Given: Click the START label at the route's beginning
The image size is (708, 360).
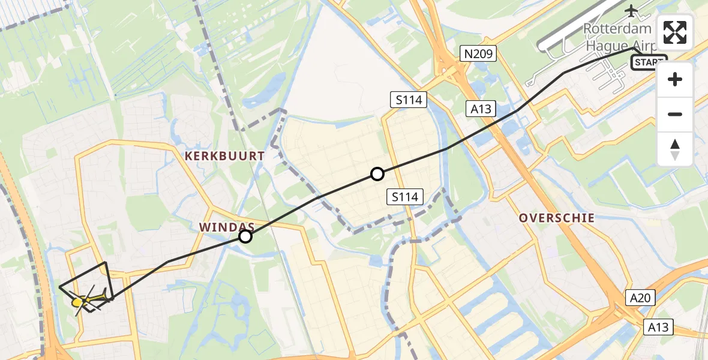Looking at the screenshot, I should click(x=649, y=62).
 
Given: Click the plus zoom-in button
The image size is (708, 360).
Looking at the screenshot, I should click(x=675, y=79).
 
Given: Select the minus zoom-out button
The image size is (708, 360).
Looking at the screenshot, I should click(x=675, y=114).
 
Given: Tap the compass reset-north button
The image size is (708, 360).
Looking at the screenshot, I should click(x=675, y=149).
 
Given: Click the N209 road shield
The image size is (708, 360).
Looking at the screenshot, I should click(x=478, y=55).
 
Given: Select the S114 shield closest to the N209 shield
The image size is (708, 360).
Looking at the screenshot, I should click(x=409, y=100).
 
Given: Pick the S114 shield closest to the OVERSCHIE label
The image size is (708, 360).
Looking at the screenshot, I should click(x=406, y=196).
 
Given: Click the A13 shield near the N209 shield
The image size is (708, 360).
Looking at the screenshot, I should click(x=481, y=109).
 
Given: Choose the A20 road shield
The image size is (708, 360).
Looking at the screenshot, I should click(x=641, y=298).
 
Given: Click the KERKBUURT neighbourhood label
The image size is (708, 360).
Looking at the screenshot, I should click(x=225, y=156).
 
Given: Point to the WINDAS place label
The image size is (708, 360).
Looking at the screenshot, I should click(x=227, y=227).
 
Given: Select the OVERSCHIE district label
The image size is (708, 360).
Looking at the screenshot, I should click(x=557, y=218).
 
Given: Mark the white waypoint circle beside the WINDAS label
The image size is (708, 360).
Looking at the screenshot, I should click(x=245, y=236).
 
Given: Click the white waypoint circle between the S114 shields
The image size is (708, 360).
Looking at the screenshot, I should click(x=377, y=174).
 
